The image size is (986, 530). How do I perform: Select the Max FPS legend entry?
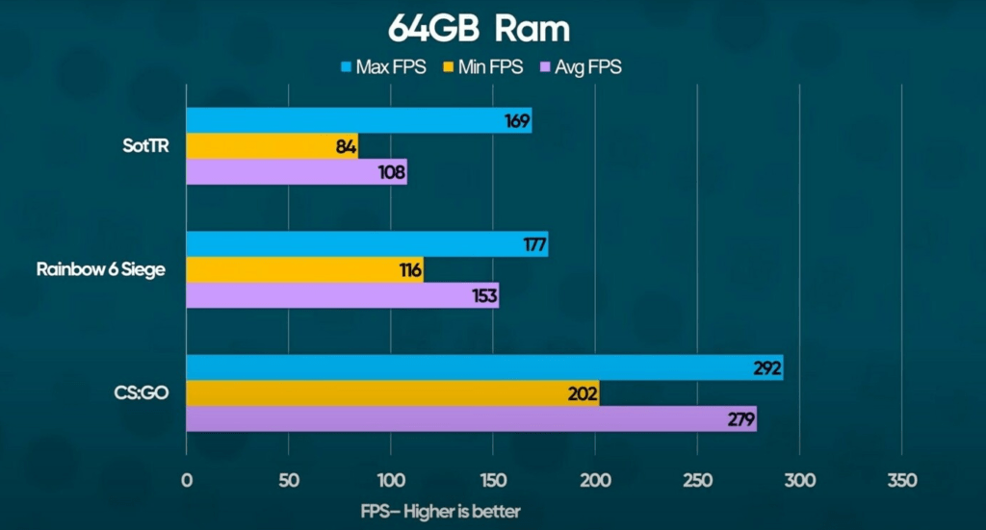coord(383,67)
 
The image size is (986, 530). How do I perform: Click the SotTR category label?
coord(142,147)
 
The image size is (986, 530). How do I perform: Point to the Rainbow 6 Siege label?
coord(101,269)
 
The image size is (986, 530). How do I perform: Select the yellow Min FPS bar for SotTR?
coord(272,146)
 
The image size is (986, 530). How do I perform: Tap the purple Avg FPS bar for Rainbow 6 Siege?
coord(342,295)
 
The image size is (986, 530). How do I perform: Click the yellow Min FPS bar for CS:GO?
coord(392,392)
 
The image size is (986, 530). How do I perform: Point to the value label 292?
coord(767,367)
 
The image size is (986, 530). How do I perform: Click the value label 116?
coord(410,270)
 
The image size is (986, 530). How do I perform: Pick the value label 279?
coord(741,418)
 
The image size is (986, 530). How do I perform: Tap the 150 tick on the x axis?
coord(493,480)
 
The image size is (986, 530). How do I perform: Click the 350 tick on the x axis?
coord(901,480)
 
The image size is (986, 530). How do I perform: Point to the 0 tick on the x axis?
coord(187,480)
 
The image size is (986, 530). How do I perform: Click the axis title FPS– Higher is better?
coord(440,511)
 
